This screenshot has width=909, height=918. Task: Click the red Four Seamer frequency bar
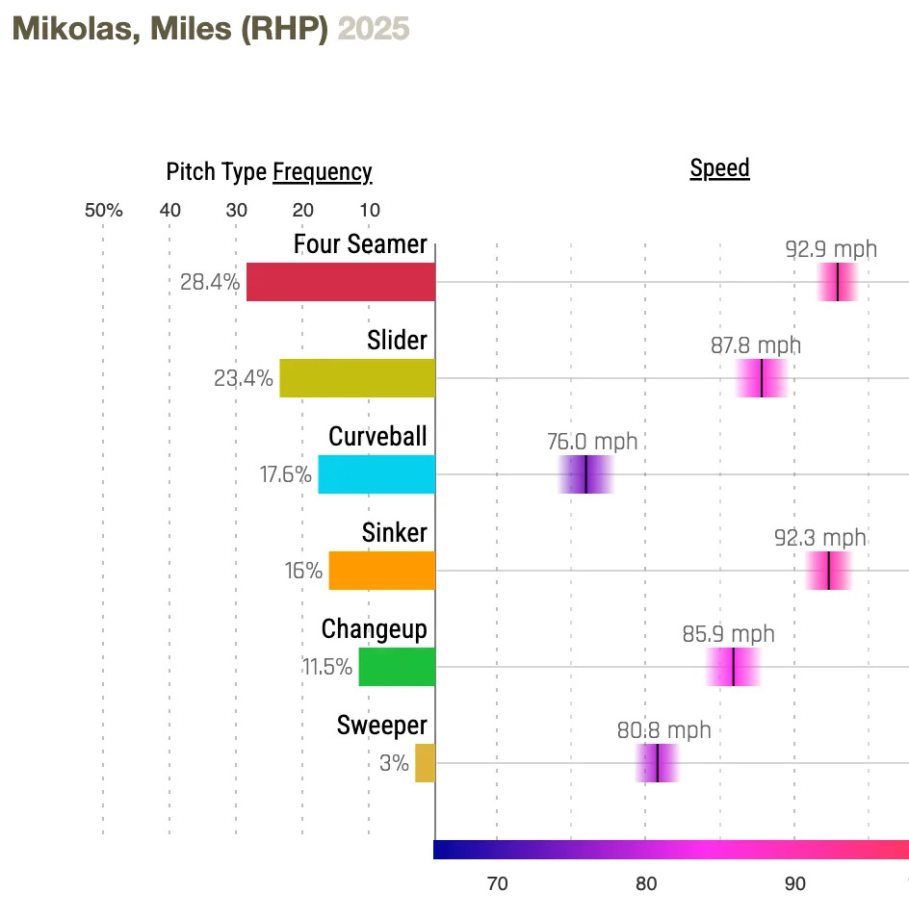pos(341,282)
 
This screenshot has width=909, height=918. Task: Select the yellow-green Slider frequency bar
pos(357,378)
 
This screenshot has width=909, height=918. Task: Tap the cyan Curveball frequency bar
pos(377,474)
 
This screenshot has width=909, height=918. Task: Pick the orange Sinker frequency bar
pos(382,571)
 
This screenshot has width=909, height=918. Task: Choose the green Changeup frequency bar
pos(397,667)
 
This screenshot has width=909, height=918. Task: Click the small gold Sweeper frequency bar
pos(425,763)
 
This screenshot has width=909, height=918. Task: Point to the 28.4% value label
pos(210,282)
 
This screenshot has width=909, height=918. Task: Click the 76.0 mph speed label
pos(592,442)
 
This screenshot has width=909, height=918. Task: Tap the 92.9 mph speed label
pos(831,249)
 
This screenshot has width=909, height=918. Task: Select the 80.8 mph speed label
pos(663,730)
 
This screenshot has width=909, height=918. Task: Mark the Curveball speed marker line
pos(585,474)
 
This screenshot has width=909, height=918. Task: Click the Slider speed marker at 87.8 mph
pos(762,378)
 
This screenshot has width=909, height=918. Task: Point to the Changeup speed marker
pos(734,667)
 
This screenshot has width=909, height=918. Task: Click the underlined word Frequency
pos(322,172)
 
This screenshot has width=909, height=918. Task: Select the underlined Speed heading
pos(719,168)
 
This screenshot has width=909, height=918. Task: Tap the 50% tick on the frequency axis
pos(104,211)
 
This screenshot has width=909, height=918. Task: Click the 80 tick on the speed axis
pos(645,884)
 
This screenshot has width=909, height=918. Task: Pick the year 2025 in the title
pos(374,29)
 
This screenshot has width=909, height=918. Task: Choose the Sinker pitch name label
pos(395,532)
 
